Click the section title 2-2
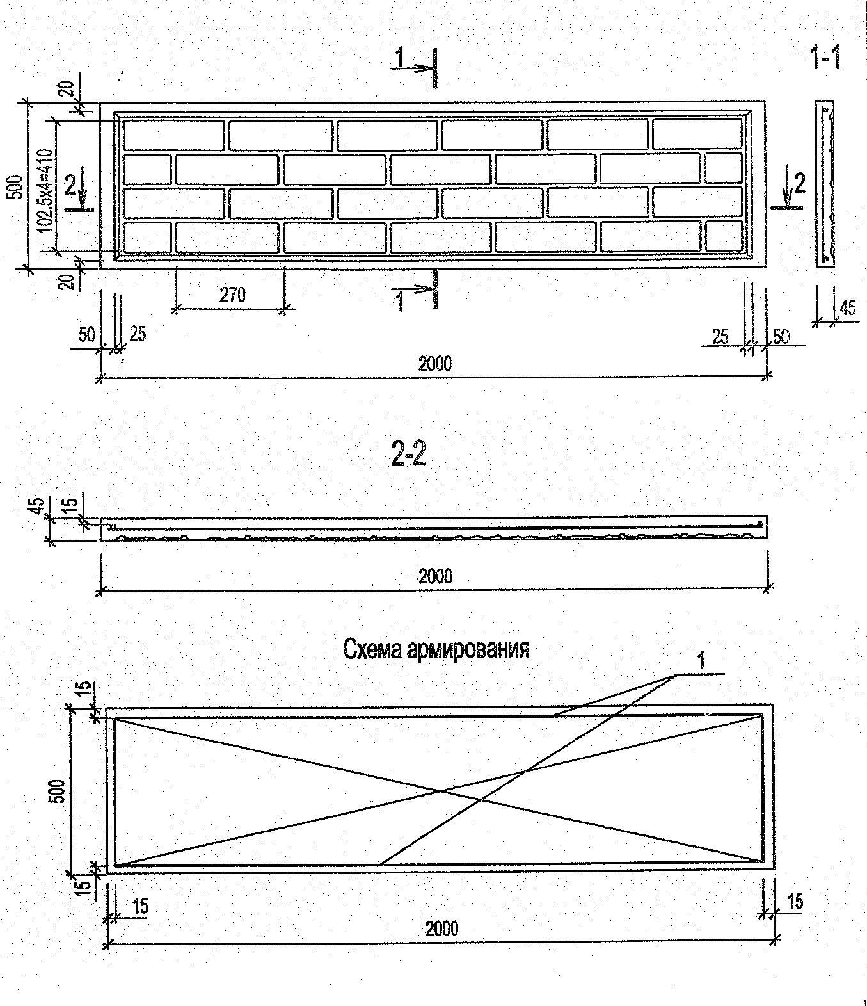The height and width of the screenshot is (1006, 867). pyautogui.click(x=408, y=455)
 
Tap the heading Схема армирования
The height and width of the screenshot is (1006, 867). pyautogui.click(x=436, y=649)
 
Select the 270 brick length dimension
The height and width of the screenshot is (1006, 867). pyautogui.click(x=232, y=295)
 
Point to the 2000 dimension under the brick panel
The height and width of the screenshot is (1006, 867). pyautogui.click(x=435, y=364)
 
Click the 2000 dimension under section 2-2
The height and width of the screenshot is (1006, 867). pyautogui.click(x=435, y=576)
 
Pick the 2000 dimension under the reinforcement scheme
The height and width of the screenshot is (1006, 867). pyautogui.click(x=441, y=928)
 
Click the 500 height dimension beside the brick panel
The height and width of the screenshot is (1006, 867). pyautogui.click(x=17, y=186)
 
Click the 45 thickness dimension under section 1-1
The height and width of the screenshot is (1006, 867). pyautogui.click(x=847, y=308)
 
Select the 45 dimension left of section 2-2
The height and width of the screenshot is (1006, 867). pyautogui.click(x=36, y=506)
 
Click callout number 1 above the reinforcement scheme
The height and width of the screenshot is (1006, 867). pyautogui.click(x=702, y=661)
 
